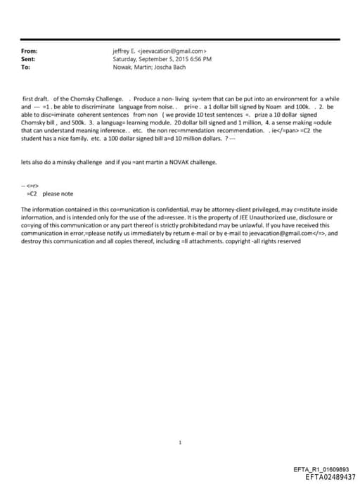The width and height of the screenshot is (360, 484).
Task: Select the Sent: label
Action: click(29, 60)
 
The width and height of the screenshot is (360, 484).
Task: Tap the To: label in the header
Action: click(26, 68)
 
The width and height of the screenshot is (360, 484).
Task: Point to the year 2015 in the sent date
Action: click(176, 60)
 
